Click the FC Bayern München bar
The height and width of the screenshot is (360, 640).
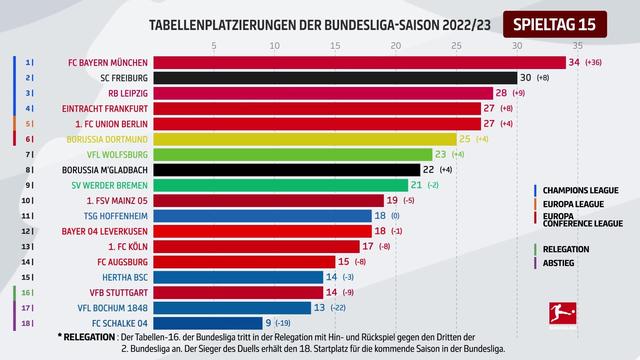click(300, 62)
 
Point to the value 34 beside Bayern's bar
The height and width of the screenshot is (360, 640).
click(573, 62)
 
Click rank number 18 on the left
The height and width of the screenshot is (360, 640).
click(27, 323)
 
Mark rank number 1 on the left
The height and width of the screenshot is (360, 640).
click(28, 62)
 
